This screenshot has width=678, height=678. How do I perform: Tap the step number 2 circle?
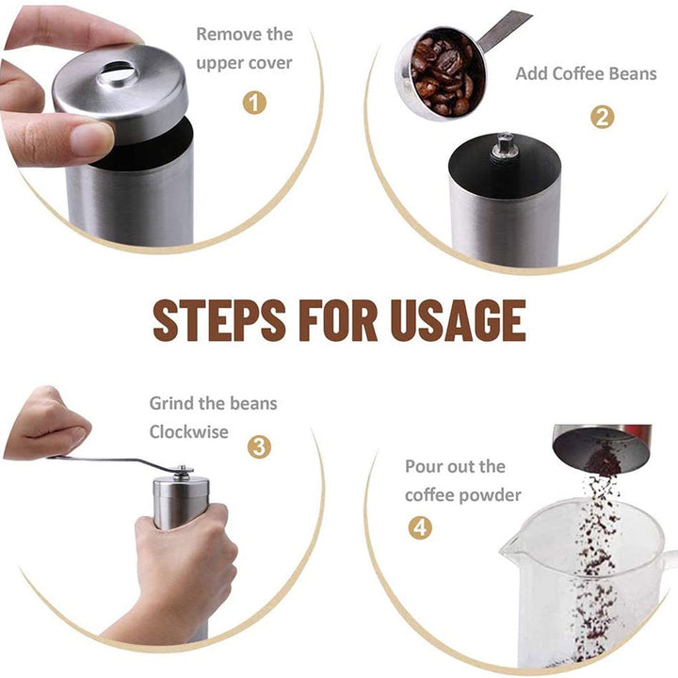coord(602,117)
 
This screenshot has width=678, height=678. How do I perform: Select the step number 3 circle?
coord(259,446)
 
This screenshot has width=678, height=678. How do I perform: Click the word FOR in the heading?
coord(332,320)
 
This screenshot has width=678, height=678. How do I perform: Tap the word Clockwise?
coord(188,432)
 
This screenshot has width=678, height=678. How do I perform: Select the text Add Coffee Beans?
coord(586,73)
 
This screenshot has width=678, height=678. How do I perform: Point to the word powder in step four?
coord(488,494)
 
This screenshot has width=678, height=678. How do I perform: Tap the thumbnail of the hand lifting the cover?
coord(91,140)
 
